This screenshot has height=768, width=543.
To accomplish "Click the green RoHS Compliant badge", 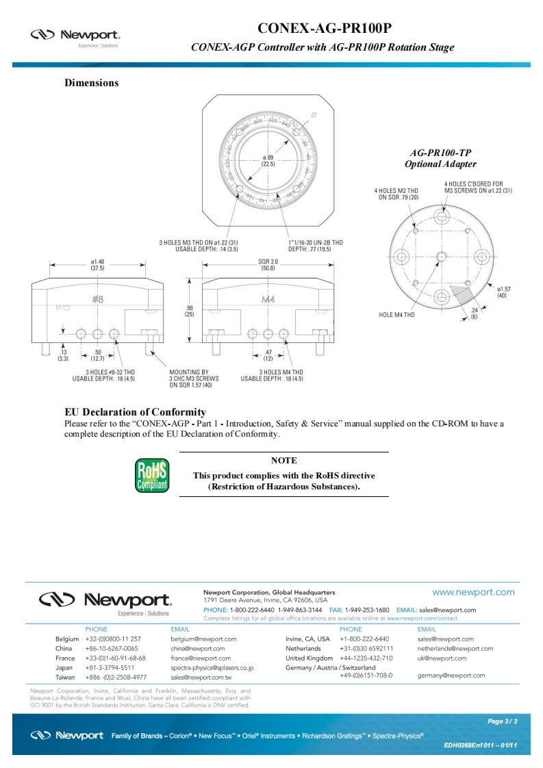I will click(151, 476).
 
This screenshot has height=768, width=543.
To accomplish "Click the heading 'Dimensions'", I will click(91, 83).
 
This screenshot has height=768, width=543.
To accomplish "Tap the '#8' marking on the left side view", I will click(97, 299).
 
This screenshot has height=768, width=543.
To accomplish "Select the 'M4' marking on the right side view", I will click(268, 300).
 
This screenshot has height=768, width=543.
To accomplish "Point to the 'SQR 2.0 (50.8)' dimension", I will click(267, 265).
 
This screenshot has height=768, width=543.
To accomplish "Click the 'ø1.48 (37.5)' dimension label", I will click(97, 265).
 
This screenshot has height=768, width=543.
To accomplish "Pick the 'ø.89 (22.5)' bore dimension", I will click(268, 162).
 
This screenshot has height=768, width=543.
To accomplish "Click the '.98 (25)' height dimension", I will click(190, 311).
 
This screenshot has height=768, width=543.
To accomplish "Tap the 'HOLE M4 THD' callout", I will click(396, 315).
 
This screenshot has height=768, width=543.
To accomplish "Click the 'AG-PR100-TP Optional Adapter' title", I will click(440, 159).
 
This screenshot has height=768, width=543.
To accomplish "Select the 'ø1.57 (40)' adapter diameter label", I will click(503, 292).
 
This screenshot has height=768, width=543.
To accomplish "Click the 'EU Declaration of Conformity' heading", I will click(135, 412).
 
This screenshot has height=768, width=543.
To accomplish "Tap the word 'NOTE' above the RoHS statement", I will click(283, 461).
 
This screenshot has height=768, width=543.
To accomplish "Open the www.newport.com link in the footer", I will click(473, 592).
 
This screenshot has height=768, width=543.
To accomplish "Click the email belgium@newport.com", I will click(203, 639).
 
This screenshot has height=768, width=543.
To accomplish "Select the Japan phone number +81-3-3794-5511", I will click(110, 667).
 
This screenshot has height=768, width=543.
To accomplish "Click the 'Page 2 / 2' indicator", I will click(502, 721).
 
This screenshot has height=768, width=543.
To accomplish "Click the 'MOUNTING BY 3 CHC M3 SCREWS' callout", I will click(194, 378).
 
